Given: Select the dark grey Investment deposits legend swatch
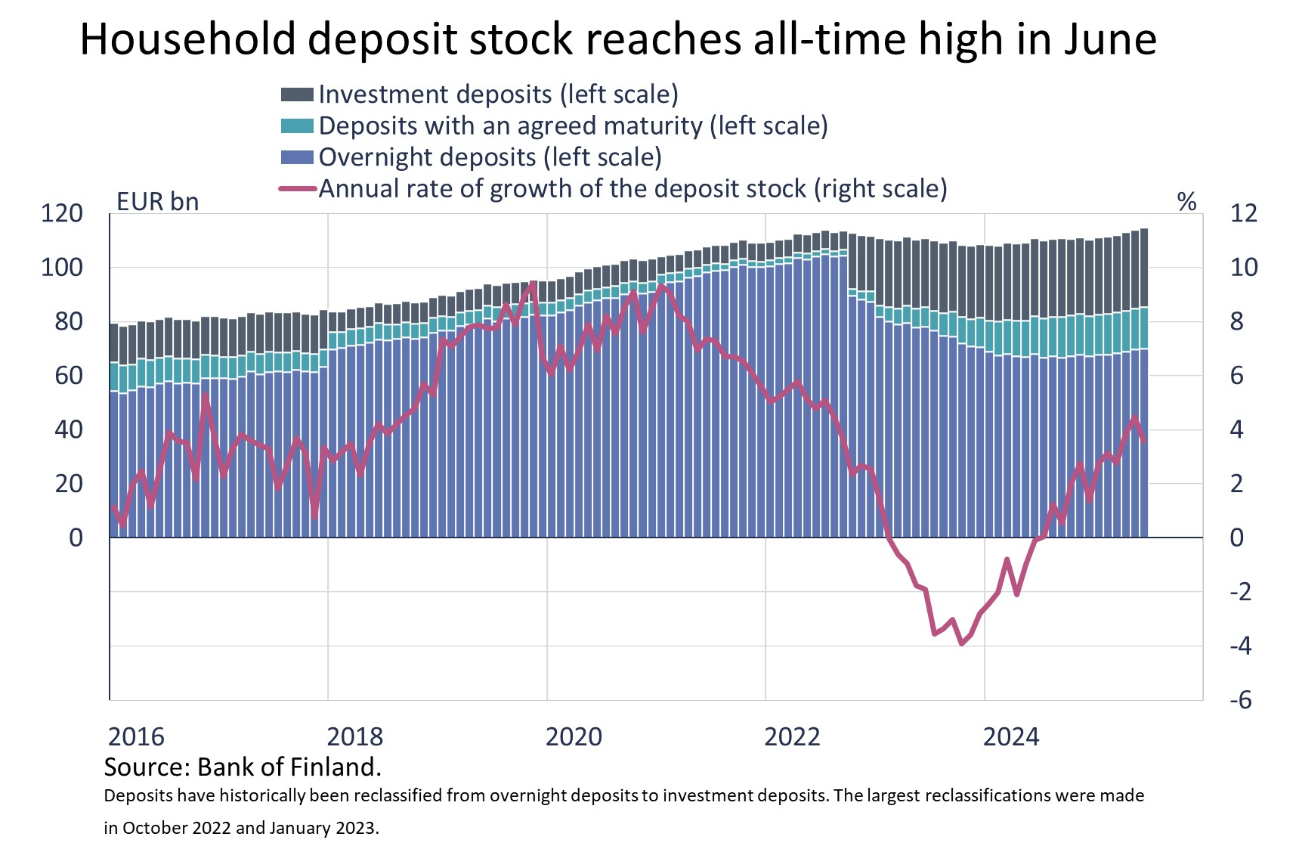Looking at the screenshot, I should click(296, 95).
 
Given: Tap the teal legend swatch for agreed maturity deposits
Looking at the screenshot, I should click(296, 126).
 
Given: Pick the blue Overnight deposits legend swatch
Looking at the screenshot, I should click(296, 157).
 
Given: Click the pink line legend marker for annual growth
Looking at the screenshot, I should click(296, 189).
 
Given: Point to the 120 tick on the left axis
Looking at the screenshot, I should click(62, 214).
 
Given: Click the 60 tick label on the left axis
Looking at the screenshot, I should click(69, 376).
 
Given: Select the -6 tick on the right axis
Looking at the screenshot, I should click(1240, 700).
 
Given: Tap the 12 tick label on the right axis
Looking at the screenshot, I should click(1244, 214).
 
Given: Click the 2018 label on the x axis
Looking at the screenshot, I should click(354, 736).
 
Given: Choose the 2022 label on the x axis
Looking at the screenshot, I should click(792, 736).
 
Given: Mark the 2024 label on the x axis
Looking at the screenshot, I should click(1010, 736).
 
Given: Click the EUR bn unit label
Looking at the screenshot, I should click(157, 202).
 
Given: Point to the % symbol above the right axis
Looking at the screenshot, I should click(1186, 202).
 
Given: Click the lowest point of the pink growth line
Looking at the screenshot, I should click(961, 644).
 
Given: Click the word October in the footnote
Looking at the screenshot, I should click(161, 828).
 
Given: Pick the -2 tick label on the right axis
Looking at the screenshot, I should click(1240, 592).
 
